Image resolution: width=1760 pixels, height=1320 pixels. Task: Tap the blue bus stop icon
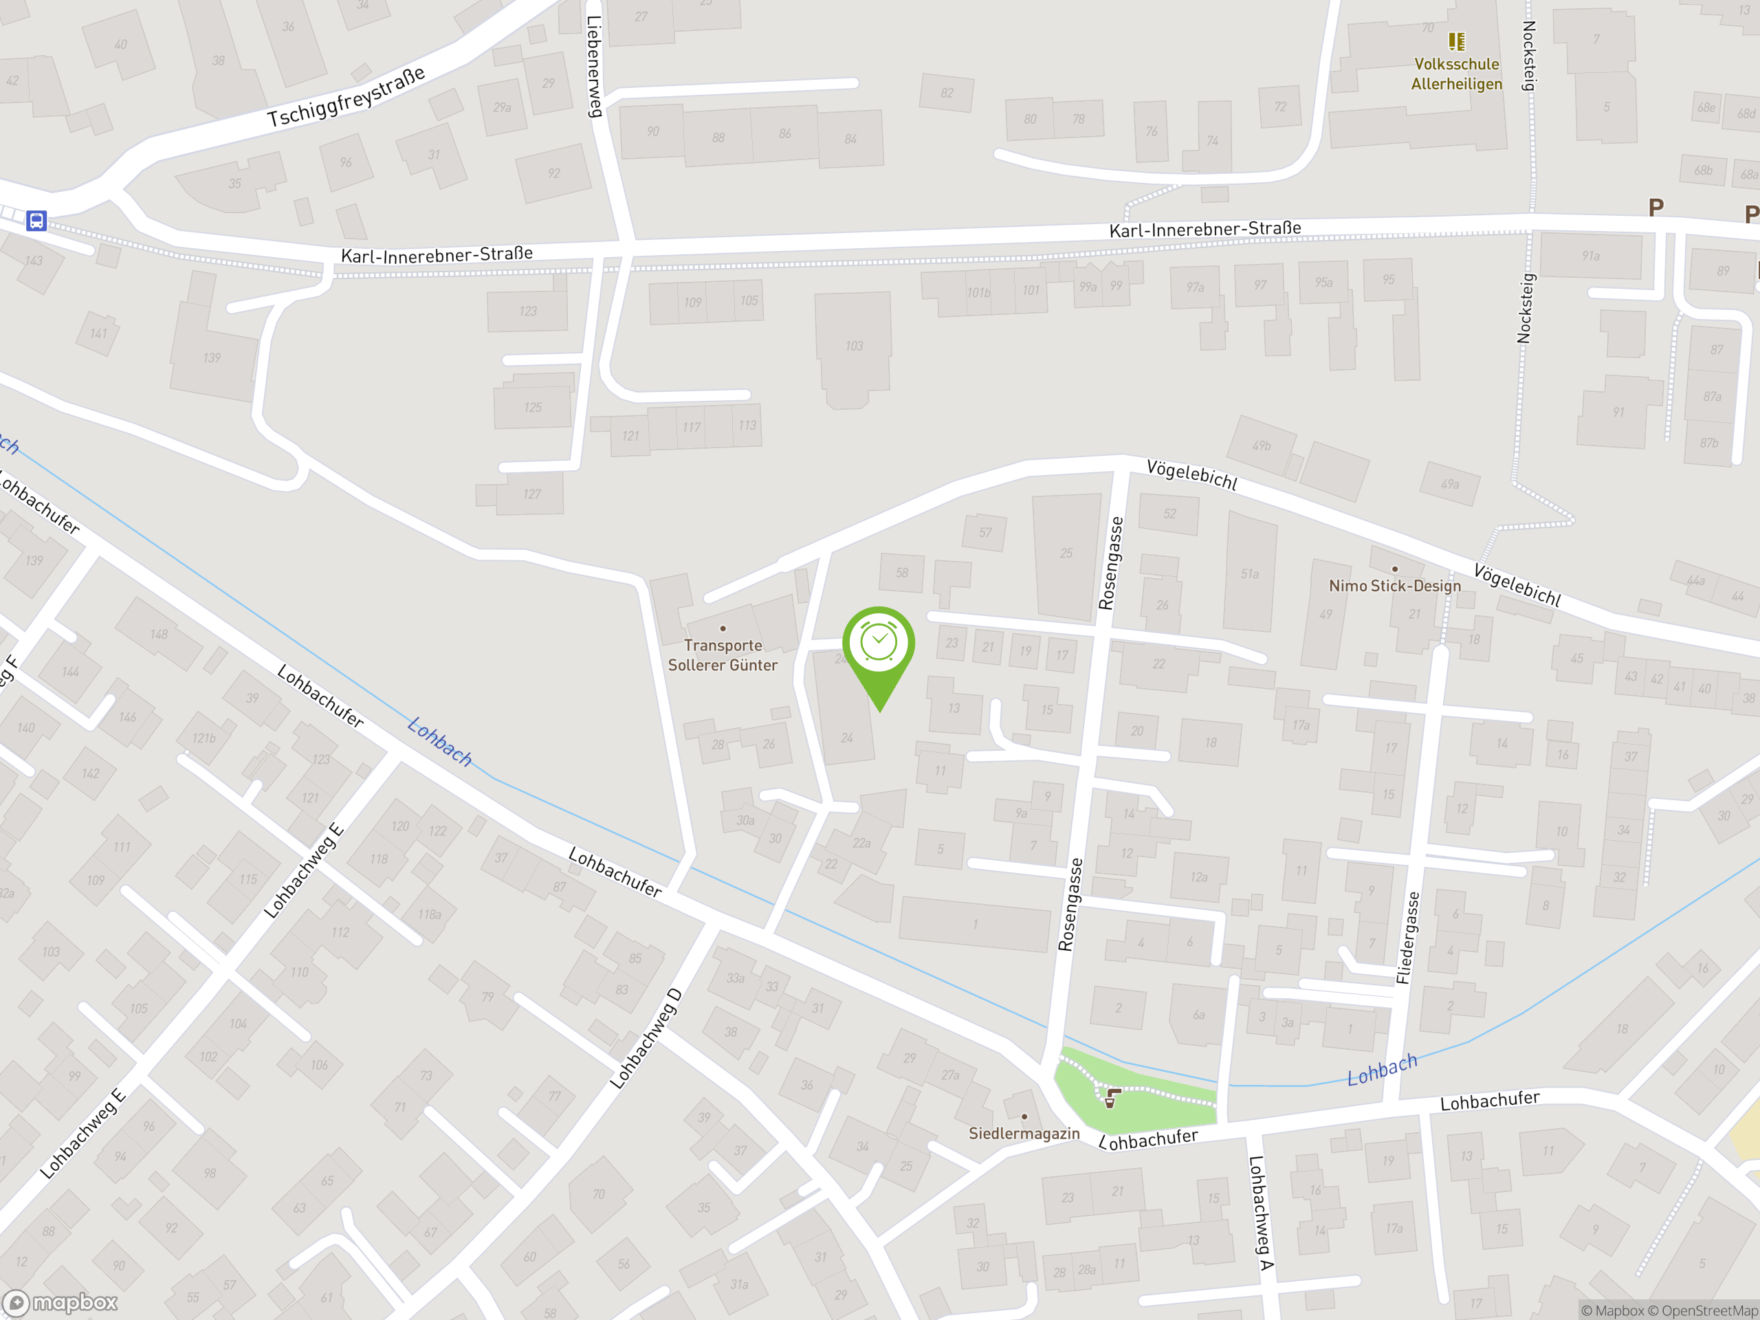pos(36,221)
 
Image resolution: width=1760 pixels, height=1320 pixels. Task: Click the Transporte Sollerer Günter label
pos(723,654)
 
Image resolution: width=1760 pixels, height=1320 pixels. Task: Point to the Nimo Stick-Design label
pos(1394,586)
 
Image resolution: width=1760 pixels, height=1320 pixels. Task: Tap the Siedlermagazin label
pos(1024,1133)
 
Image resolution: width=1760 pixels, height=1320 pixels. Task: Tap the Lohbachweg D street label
pos(646,1038)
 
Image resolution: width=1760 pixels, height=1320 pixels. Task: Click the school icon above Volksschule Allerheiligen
pos(1456,41)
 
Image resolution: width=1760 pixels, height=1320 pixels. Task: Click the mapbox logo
pos(60,1303)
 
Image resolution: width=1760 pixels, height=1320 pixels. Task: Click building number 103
pos(854,346)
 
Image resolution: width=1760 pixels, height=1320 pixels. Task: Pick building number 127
pos(531,494)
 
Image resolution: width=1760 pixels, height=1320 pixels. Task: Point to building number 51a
pos(1249,573)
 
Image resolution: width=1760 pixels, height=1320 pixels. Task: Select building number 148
pos(159,634)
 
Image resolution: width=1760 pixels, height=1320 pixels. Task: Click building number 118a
pos(430,914)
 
